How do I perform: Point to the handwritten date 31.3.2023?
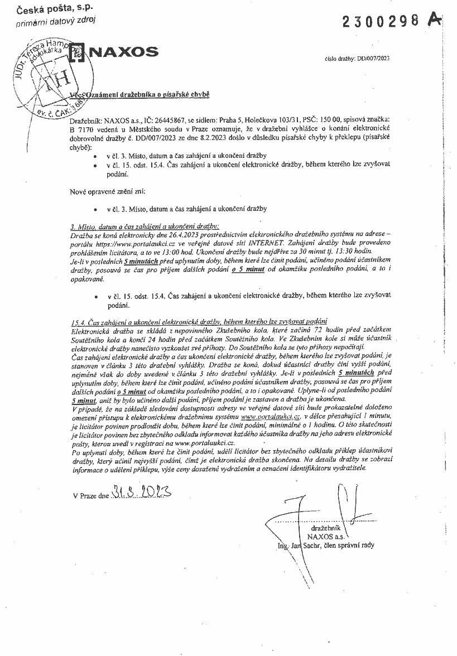140,493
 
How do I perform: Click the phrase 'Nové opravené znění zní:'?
108,191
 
